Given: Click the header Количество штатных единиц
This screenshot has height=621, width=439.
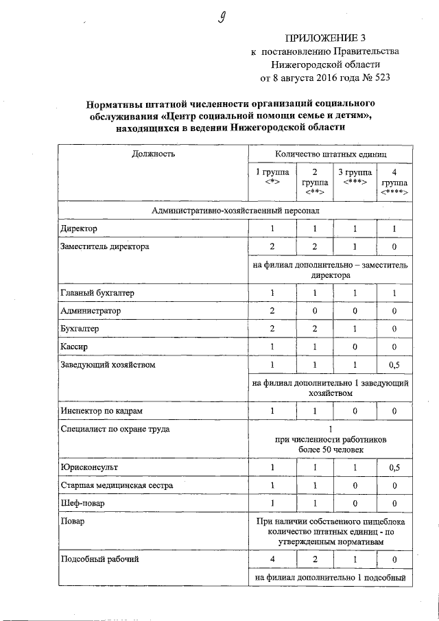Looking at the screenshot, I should [331, 154].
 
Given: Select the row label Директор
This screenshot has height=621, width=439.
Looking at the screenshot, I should [80, 228].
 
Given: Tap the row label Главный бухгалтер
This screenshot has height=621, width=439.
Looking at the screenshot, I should [97, 294].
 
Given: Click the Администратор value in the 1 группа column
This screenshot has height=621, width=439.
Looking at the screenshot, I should [272, 312].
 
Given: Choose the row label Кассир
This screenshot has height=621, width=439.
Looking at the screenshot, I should [74, 347].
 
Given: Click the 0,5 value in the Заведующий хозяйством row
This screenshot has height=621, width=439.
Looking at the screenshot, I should [394, 365].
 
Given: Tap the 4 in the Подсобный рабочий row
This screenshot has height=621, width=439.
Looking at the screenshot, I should [272, 560].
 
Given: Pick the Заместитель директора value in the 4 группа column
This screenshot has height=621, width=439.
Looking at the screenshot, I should [394, 246].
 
